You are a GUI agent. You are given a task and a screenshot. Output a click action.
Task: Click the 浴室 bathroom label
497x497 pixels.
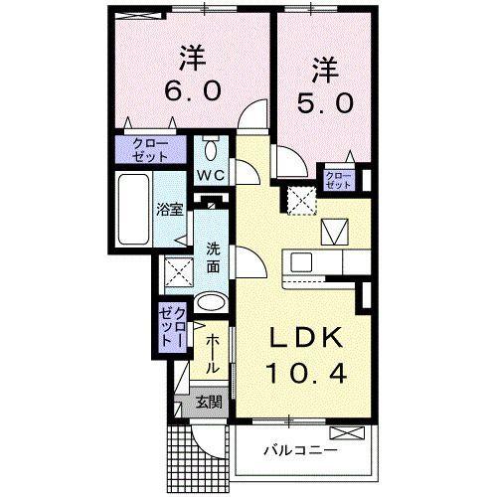169,209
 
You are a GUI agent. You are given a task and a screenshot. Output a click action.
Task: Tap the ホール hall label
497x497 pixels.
213,353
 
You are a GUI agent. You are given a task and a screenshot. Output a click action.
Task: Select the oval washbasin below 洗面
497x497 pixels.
212,303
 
